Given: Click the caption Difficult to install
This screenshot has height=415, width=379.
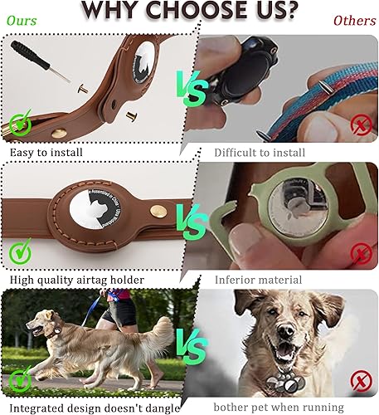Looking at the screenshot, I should (x=260, y=152).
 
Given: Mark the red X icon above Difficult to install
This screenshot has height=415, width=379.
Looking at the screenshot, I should (x=361, y=126).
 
